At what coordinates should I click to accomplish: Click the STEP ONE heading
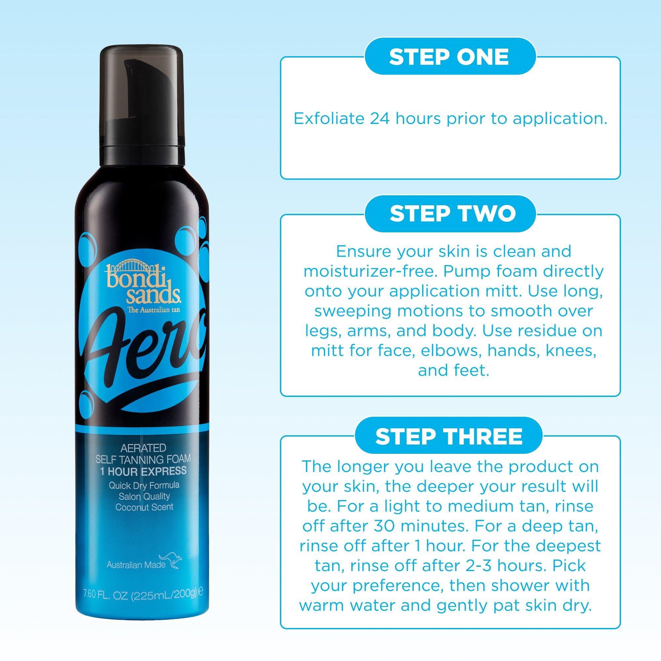pyautogui.click(x=449, y=57)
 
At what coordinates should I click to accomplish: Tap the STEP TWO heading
pyautogui.click(x=453, y=213)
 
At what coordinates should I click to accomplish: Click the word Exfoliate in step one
pyautogui.click(x=323, y=119)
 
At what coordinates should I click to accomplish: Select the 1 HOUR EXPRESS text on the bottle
pyautogui.click(x=143, y=471)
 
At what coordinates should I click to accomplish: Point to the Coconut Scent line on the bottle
pyautogui.click(x=144, y=507)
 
